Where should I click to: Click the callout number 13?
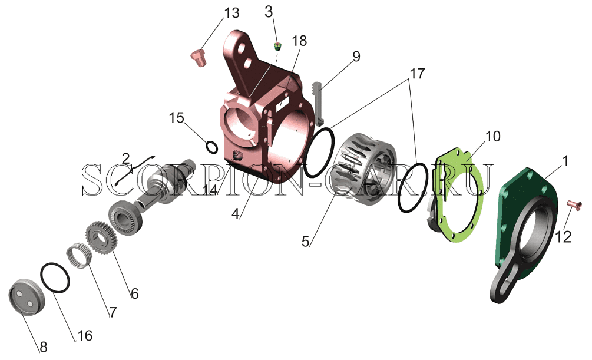232,13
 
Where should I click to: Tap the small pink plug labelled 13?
198,58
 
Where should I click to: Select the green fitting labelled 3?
278,47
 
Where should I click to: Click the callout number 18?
299,41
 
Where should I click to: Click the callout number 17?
418,73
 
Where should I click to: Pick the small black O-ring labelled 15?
212,147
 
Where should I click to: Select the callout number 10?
492,136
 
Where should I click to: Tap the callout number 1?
565,161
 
